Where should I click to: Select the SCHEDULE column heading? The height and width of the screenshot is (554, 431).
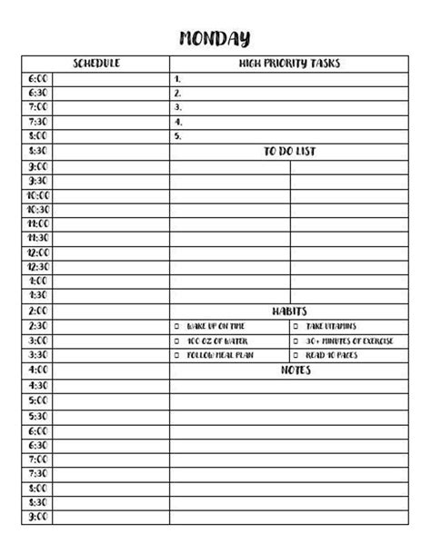point(96,64)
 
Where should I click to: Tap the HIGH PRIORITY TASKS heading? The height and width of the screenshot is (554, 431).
point(289,64)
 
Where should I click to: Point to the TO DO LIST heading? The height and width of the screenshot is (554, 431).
point(289,152)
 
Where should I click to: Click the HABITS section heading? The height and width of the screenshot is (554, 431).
point(289,311)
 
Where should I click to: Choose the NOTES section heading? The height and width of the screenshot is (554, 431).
point(296,371)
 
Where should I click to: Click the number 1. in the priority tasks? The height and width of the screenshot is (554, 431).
point(177,78)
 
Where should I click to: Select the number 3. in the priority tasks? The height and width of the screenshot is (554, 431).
point(177,107)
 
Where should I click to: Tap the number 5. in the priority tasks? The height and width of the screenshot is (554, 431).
point(177,136)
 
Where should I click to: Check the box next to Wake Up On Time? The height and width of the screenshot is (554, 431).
point(177,326)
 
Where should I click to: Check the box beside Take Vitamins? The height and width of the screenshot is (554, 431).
point(296,326)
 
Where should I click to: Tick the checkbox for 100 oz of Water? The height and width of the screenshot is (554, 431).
point(177,341)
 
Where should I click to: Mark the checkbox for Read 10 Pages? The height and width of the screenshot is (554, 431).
point(296,355)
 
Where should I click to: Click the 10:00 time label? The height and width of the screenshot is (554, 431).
point(38,195)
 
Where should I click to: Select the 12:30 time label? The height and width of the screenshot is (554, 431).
point(38,267)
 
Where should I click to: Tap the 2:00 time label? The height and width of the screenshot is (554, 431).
point(38,311)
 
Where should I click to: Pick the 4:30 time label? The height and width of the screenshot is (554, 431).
point(38,385)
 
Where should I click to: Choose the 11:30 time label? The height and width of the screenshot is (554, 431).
point(38,238)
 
